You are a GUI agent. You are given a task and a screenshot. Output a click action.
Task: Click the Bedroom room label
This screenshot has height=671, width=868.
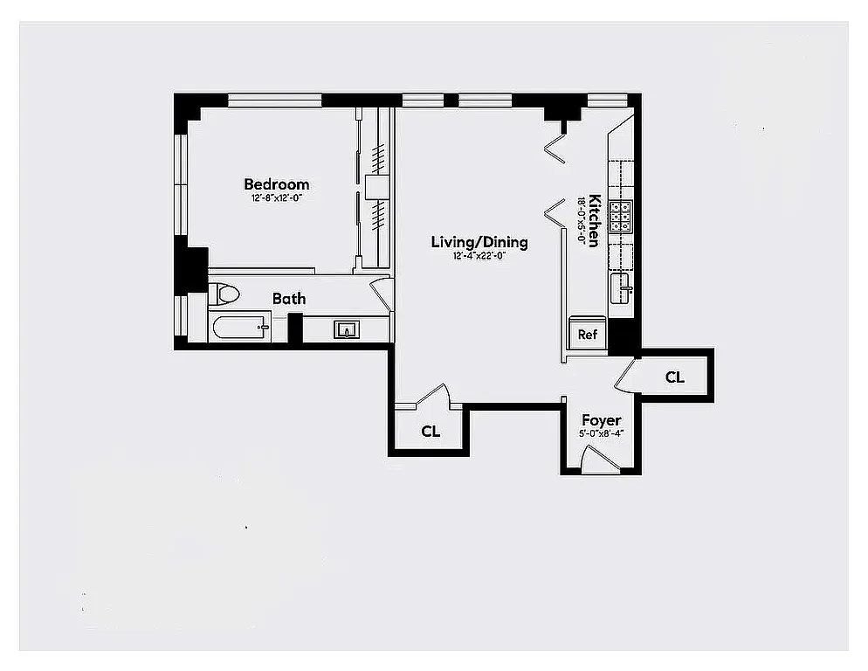pos(276,184)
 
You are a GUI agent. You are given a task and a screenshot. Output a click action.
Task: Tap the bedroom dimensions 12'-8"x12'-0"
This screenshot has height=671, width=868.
pos(276,198)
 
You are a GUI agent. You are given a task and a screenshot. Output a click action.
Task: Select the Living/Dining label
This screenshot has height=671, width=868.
pos(479,242)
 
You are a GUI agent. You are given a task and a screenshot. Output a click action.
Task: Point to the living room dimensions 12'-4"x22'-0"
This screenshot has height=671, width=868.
pos(479,256)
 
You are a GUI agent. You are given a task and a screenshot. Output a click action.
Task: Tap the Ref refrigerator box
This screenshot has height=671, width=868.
pos(587,334)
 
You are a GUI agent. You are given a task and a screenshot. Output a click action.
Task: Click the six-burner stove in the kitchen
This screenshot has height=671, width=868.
pos(621,216)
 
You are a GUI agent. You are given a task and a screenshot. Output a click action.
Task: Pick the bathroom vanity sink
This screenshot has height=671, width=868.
pos(347,329)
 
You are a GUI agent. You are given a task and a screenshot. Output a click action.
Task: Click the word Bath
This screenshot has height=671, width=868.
pos(289,299)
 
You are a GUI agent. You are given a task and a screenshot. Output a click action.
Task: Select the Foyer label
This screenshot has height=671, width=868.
pos(601,420)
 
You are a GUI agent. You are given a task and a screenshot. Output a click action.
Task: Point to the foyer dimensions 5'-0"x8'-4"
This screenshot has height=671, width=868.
pos(601,433)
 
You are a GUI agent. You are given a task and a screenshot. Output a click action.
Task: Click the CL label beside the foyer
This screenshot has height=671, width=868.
pos(674,377)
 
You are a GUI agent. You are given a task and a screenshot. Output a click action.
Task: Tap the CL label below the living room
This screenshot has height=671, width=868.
pos(431,432)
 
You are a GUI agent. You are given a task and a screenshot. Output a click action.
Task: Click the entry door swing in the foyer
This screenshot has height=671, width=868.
pos(598,459)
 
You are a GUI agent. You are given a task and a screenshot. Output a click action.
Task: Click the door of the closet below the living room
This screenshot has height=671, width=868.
pos(434,397)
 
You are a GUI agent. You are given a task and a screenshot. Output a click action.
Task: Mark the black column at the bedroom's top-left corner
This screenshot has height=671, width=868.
pos(186,108)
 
